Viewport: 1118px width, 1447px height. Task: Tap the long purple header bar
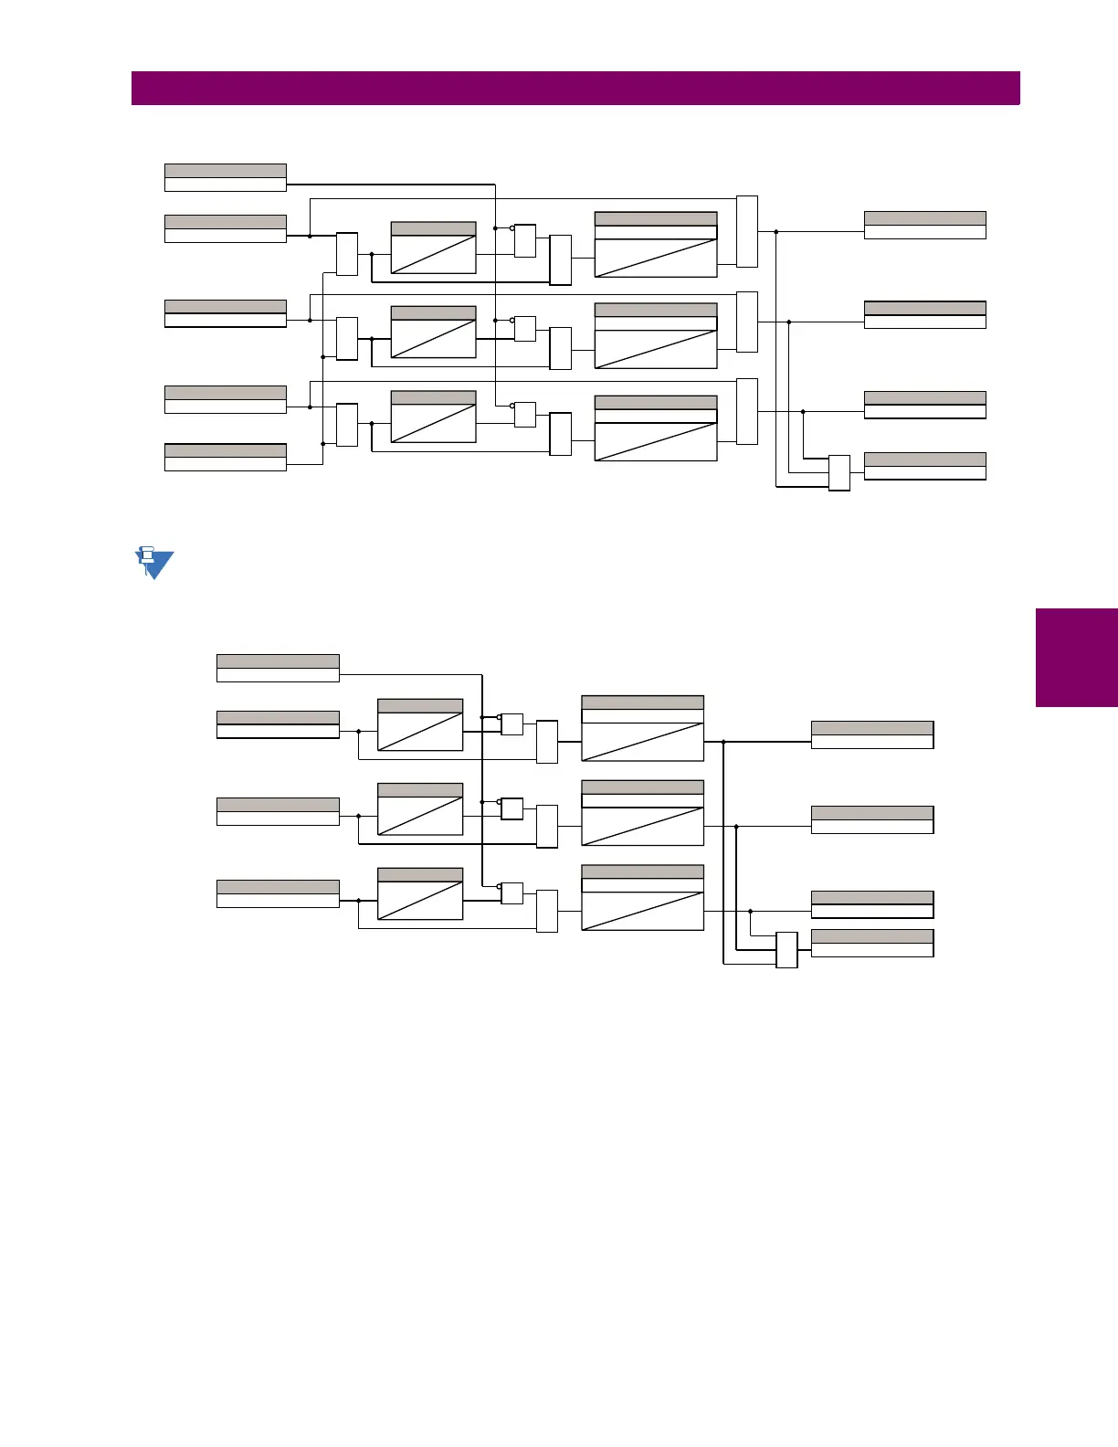(575, 89)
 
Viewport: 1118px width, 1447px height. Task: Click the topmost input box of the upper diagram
(226, 177)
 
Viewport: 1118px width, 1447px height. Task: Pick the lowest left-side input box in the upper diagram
(226, 457)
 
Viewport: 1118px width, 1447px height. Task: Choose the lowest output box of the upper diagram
(924, 466)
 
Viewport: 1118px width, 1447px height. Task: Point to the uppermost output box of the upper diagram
(924, 225)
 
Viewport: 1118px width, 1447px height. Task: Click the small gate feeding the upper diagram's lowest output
(839, 472)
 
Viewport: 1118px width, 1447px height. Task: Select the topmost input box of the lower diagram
(278, 668)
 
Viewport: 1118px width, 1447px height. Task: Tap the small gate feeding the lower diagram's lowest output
(786, 950)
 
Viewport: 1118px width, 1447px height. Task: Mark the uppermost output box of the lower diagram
(872, 734)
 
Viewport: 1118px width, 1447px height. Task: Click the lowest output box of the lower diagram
(872, 943)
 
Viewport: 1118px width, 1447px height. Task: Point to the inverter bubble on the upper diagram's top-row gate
(512, 228)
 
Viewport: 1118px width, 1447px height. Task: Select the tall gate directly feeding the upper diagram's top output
(747, 231)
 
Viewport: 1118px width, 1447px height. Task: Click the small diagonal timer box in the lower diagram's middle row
(420, 808)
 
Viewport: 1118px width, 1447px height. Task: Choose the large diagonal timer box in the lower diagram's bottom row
(643, 898)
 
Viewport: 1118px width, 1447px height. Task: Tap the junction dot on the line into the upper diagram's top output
(775, 232)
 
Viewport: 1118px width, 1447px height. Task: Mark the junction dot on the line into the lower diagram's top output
(723, 742)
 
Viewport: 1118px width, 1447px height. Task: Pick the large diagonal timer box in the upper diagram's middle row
(656, 335)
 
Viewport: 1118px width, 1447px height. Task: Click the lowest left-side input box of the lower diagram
(278, 893)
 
